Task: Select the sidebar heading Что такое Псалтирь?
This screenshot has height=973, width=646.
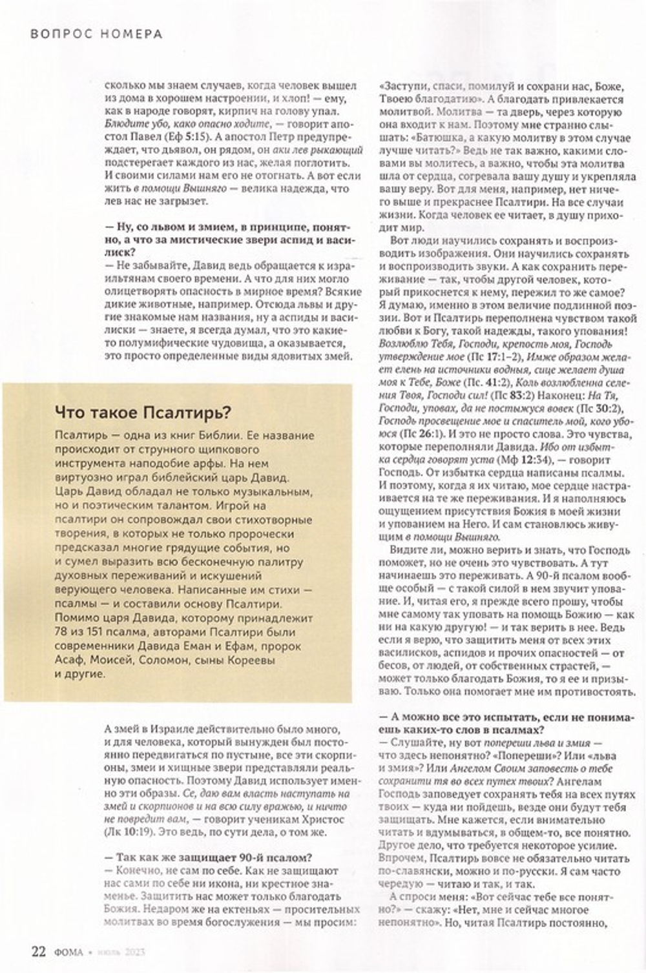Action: point(143,411)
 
